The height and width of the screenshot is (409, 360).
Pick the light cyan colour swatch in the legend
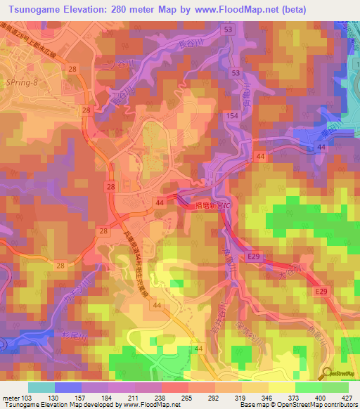tap(41, 387)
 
